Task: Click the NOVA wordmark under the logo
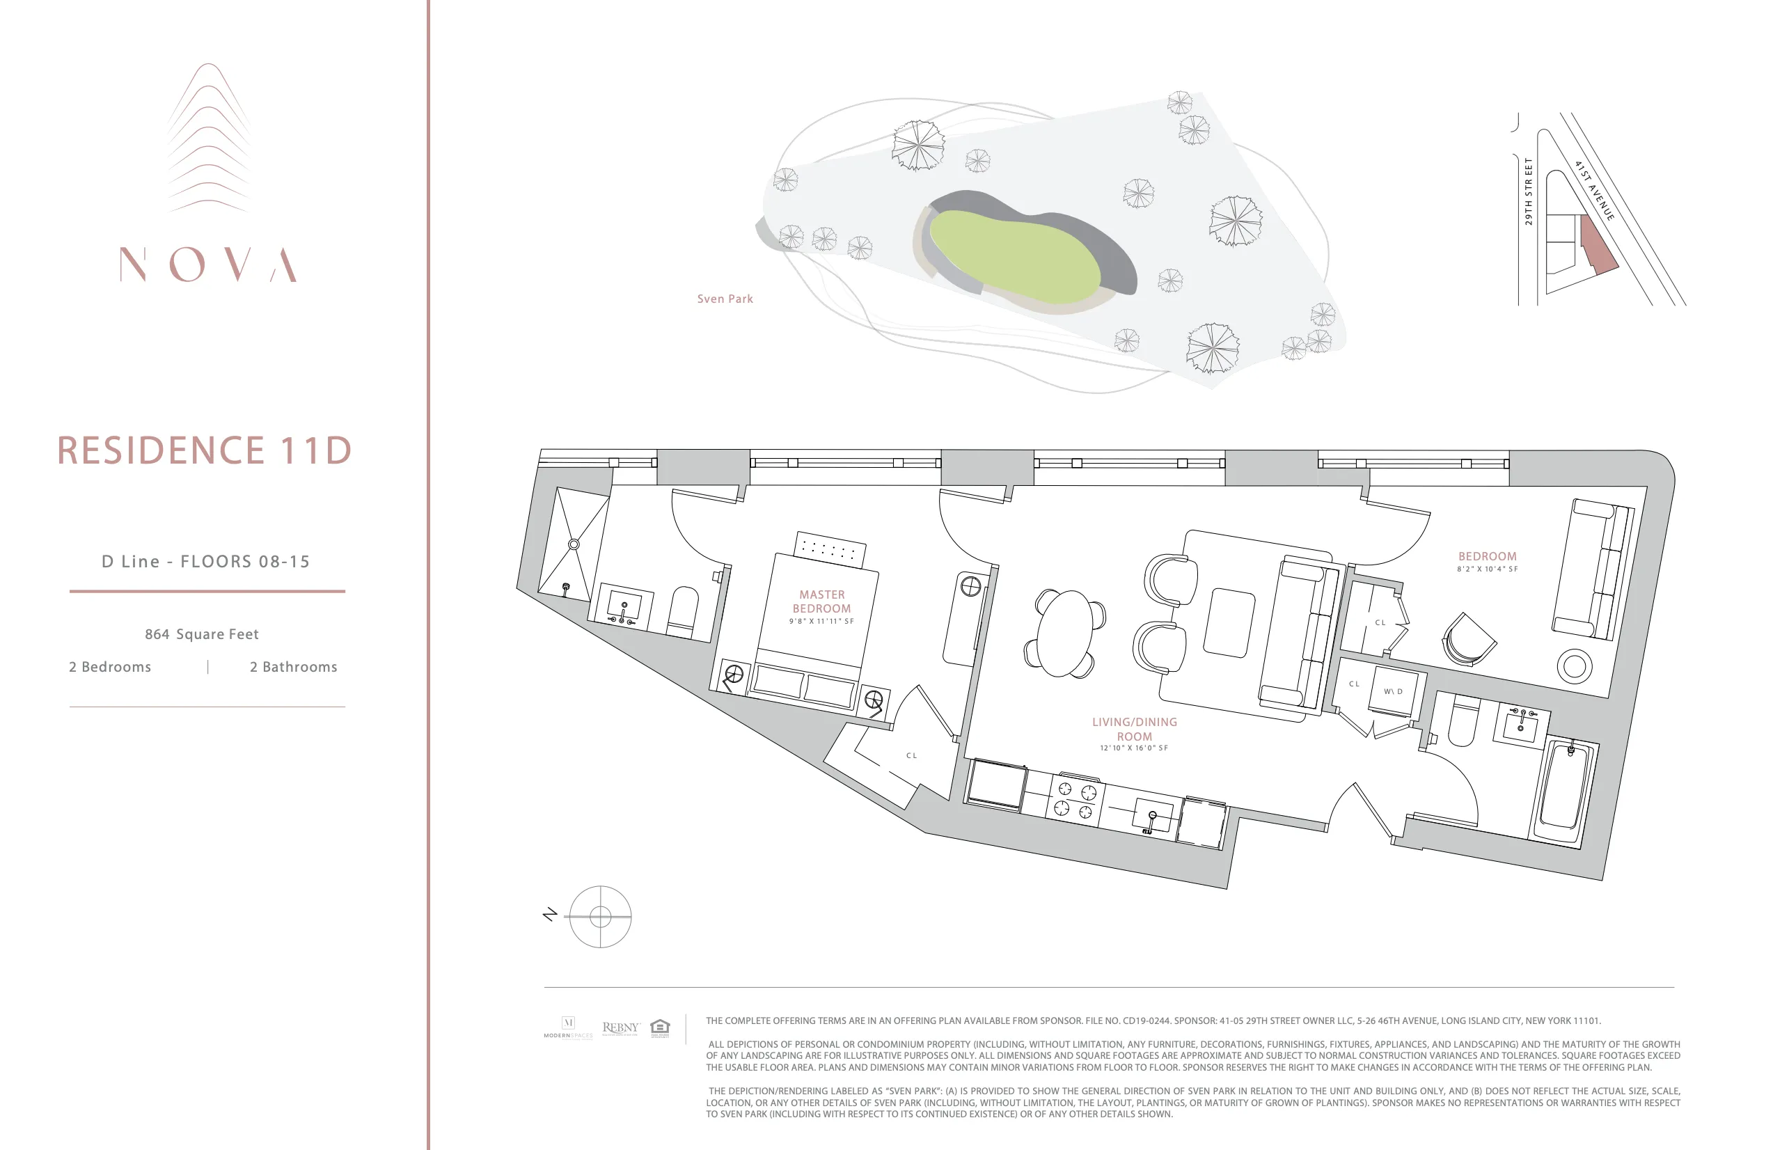pos(208,265)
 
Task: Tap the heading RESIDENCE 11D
pos(205,450)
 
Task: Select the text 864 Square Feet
pos(202,634)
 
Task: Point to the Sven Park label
pos(724,299)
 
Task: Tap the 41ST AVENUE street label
pos(1594,191)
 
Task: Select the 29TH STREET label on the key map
pos(1528,191)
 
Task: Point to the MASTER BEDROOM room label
pos(821,601)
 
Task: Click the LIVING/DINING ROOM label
pos(1134,729)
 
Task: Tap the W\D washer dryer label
pos(1392,691)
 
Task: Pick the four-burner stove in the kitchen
pos(1075,799)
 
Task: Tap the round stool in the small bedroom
pos(1574,665)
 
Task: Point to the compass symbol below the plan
pos(599,916)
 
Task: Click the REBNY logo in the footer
pos(620,1027)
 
